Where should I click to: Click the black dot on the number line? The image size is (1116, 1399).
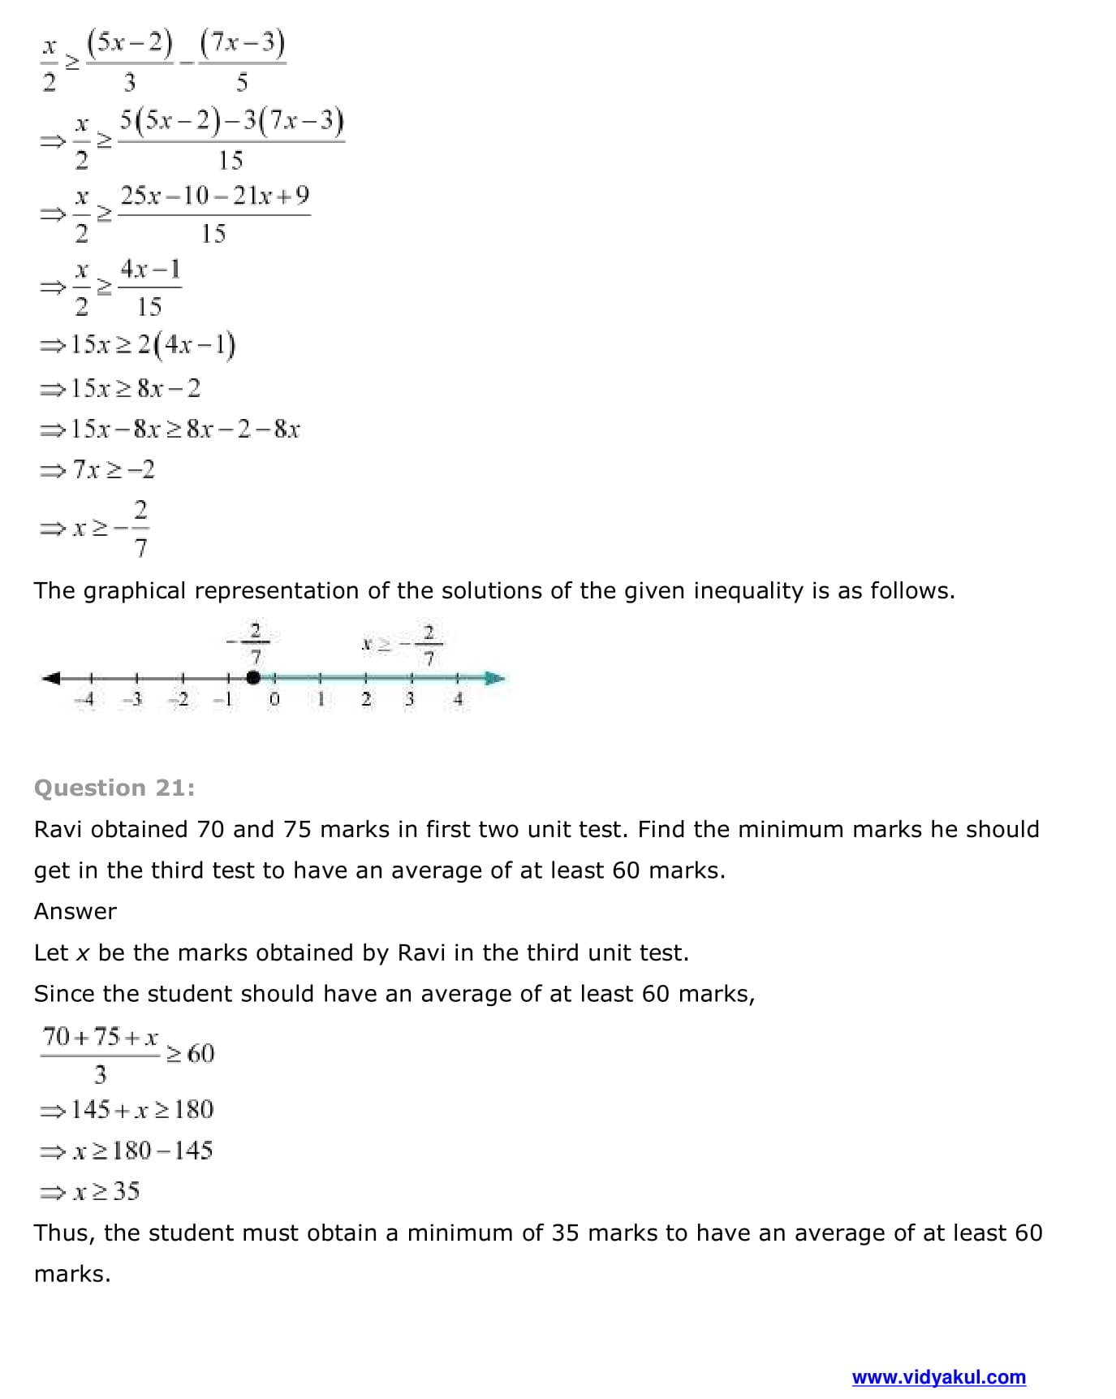(x=253, y=677)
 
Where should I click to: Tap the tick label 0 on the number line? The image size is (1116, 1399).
(x=274, y=699)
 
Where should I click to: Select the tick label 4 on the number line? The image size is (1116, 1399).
(x=459, y=699)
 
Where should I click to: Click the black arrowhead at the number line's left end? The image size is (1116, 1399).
(x=50, y=678)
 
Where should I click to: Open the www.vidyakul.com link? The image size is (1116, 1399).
(x=938, y=1377)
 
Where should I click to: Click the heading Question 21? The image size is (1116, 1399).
(x=114, y=788)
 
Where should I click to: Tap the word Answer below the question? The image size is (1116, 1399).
(x=75, y=911)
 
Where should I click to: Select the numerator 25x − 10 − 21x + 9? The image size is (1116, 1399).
(x=215, y=196)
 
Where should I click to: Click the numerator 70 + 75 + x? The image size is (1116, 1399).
(x=101, y=1037)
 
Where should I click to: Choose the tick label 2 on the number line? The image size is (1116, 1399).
(x=366, y=699)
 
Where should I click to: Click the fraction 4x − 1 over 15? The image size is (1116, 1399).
(x=150, y=287)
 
